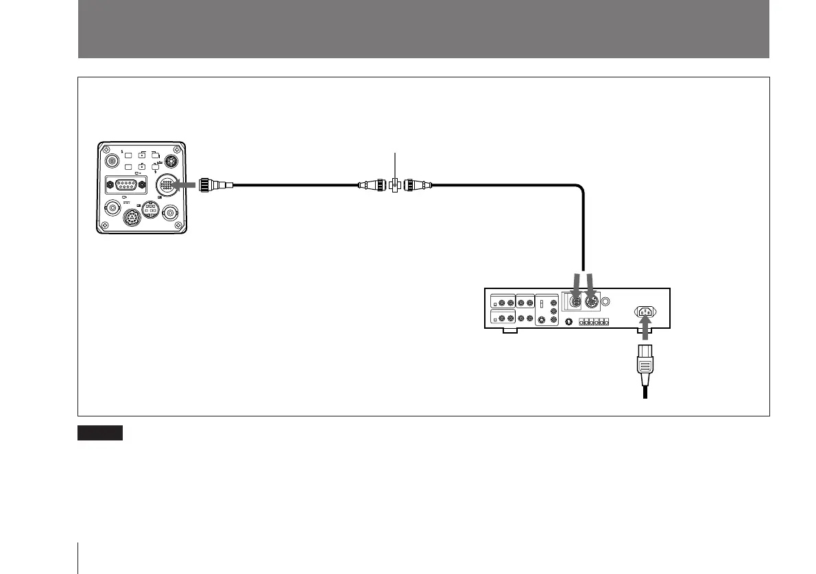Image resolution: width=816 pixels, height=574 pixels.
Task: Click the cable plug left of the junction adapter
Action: click(x=373, y=184)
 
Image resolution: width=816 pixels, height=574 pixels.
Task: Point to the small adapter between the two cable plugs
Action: click(x=396, y=184)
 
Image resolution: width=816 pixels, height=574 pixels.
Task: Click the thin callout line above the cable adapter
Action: click(x=396, y=165)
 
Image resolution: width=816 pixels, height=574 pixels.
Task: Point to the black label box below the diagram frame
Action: click(x=100, y=432)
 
